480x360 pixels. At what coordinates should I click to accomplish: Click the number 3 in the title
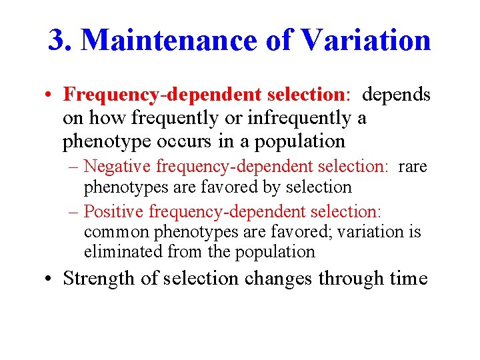[x=57, y=40]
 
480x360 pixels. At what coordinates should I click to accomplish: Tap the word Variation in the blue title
[x=365, y=40]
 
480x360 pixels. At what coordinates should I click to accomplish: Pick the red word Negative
[x=116, y=166]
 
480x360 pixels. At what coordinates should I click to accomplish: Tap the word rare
[x=412, y=166]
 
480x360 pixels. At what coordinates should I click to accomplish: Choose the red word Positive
[x=114, y=211]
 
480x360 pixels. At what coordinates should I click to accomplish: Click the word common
[x=117, y=232]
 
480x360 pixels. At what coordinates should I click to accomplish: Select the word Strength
[x=99, y=278]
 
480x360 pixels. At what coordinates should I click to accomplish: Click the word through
[x=352, y=278]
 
